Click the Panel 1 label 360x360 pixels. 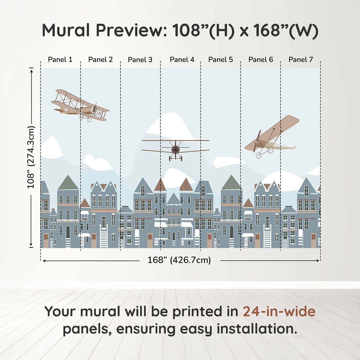(x=60, y=60)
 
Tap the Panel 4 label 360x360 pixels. (x=182, y=60)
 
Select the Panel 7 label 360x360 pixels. (x=301, y=60)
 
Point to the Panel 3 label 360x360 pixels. (x=140, y=60)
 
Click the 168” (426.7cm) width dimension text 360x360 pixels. (x=179, y=260)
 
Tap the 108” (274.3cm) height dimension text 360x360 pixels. (x=31, y=157)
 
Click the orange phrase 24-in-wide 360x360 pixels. (x=279, y=312)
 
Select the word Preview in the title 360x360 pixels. (x=131, y=31)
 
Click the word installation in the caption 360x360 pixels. (x=256, y=329)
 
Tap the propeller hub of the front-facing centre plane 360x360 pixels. (x=176, y=149)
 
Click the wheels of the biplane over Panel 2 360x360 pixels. (x=86, y=118)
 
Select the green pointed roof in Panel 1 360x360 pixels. (x=68, y=183)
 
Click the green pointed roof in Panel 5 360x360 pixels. (x=231, y=183)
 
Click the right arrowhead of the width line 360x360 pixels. (x=318, y=260)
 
